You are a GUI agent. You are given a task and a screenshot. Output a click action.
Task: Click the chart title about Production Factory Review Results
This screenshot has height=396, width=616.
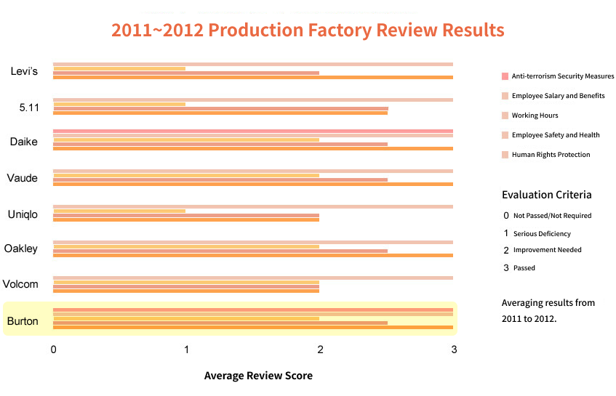click(308, 31)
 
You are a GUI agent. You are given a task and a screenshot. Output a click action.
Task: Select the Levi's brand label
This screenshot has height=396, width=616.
click(25, 71)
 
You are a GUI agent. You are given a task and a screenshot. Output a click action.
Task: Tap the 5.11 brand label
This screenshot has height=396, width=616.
click(28, 108)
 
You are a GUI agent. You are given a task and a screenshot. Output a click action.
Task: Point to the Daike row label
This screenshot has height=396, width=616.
click(24, 142)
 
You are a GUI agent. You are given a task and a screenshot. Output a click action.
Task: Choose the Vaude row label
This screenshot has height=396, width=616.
click(23, 178)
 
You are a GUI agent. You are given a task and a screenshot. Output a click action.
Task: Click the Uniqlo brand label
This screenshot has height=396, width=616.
click(23, 214)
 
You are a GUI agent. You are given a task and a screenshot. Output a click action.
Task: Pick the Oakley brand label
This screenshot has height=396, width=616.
click(21, 249)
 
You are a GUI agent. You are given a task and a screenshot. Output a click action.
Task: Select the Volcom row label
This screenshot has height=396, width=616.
click(20, 284)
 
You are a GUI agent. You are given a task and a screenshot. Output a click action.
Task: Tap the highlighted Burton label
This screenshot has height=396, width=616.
click(23, 320)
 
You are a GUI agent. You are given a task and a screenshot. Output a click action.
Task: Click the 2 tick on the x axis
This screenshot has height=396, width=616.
click(320, 350)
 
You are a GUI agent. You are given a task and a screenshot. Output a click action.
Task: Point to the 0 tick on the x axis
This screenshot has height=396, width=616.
click(53, 350)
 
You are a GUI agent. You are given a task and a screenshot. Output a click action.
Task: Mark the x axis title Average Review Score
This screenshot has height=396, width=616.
click(258, 376)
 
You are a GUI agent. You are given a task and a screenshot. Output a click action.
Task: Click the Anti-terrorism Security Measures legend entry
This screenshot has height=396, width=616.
click(562, 76)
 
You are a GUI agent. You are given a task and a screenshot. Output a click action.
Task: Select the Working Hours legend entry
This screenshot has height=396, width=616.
click(535, 116)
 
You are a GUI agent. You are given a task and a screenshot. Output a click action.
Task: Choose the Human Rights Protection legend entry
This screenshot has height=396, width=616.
click(551, 155)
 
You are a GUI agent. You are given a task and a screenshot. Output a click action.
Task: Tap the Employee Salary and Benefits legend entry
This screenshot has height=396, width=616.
click(558, 96)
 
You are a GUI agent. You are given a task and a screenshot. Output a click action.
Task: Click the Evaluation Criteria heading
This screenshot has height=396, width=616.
click(546, 195)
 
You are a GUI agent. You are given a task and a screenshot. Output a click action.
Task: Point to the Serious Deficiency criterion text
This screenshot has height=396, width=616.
click(542, 234)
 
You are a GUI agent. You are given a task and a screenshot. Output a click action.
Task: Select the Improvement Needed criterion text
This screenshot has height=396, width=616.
click(547, 250)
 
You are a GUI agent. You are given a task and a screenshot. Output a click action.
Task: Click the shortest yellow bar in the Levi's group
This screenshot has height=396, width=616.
click(119, 68)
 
